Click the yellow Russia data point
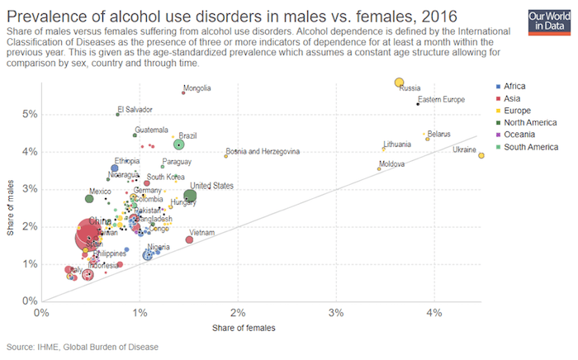[x=399, y=83]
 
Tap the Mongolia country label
[x=197, y=88]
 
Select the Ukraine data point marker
[x=481, y=155]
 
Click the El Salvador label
[x=135, y=109]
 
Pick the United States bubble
[x=190, y=197]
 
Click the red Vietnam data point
[x=189, y=239]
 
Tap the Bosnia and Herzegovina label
[x=263, y=152]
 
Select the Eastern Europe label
[x=453, y=100]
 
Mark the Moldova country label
[x=391, y=164]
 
